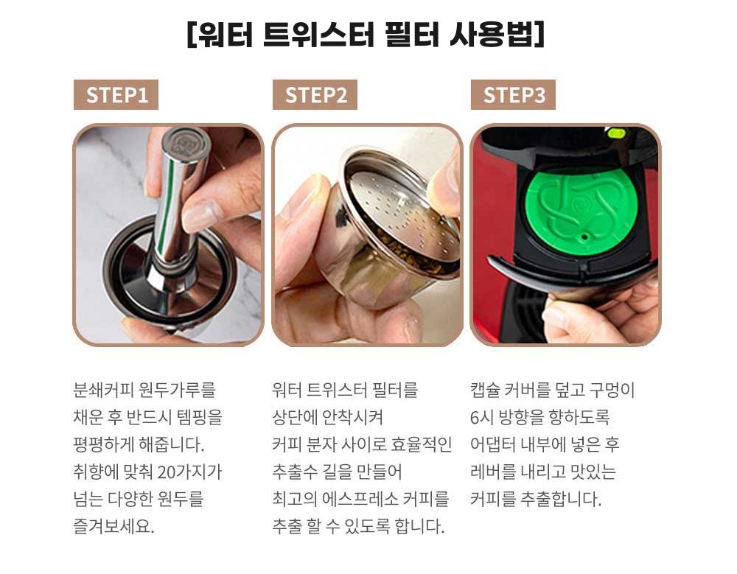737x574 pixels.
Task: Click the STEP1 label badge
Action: pos(116,94)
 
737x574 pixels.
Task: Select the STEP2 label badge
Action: pos(315,94)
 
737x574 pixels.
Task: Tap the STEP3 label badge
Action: pos(513,94)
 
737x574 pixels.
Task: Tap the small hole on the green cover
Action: pos(585,237)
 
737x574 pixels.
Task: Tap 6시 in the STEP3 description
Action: pos(481,417)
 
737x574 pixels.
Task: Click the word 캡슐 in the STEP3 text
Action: pos(484,390)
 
